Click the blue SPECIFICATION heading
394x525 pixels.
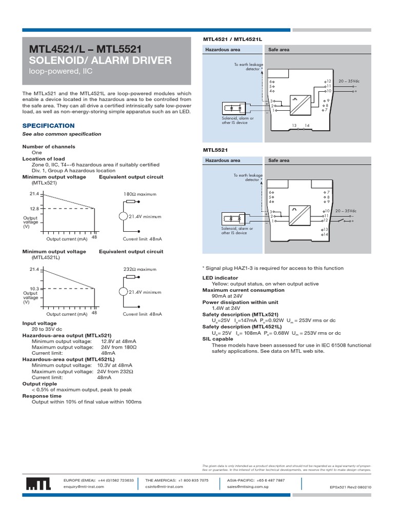coord(48,126)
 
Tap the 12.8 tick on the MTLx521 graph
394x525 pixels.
coord(34,209)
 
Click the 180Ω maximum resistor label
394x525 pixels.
coord(140,194)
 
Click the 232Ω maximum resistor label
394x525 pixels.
coord(140,269)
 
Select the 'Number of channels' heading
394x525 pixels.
coord(48,147)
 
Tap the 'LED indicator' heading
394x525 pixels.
coord(220,277)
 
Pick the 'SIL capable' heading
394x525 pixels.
coord(218,339)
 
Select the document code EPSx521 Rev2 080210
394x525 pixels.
coord(350,487)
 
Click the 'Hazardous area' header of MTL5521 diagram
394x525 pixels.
coord(223,160)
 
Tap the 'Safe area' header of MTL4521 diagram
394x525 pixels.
coord(279,50)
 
